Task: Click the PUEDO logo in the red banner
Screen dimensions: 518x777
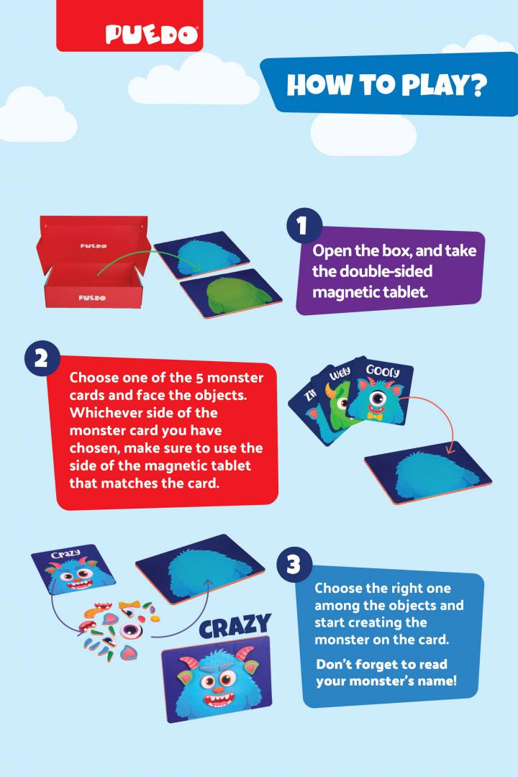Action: coord(151,35)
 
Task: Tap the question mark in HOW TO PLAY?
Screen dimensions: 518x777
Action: coord(478,85)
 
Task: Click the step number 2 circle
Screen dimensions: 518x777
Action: coord(42,358)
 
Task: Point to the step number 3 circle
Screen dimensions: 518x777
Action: coord(294,565)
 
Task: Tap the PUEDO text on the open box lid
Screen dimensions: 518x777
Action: coord(94,246)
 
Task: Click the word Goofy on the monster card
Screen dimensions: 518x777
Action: coord(383,371)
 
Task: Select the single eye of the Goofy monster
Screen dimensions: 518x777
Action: coord(378,398)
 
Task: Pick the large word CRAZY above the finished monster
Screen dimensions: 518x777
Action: coord(235,627)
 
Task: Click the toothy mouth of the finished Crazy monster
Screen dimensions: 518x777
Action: coord(219,701)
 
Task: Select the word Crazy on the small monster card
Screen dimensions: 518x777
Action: coord(66,553)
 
